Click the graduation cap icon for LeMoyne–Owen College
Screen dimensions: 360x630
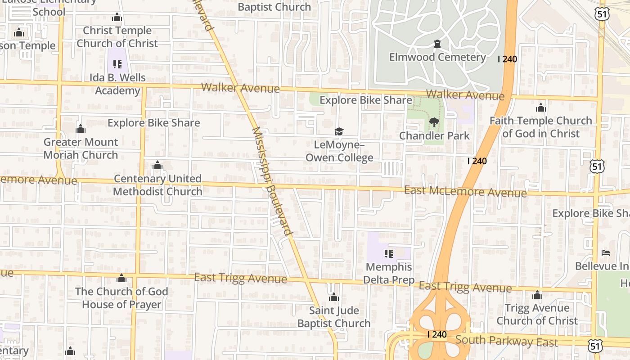point(339,131)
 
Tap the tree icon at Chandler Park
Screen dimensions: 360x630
point(434,122)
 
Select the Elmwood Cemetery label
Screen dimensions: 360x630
point(437,57)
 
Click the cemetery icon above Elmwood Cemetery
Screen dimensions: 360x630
point(437,44)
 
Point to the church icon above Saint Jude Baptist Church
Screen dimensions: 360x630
point(334,297)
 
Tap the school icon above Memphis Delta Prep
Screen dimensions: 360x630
point(389,253)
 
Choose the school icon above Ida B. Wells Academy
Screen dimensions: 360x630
point(117,64)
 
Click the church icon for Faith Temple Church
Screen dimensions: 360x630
point(541,108)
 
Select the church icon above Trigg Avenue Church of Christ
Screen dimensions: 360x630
point(537,295)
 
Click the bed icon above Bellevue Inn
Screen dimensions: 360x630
point(606,253)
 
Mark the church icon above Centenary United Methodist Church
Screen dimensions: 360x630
point(157,166)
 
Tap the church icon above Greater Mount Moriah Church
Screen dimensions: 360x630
point(81,129)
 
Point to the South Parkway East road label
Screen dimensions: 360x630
point(506,341)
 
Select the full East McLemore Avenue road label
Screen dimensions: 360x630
point(465,192)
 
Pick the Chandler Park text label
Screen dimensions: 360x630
point(434,135)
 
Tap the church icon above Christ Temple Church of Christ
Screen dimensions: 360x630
point(117,18)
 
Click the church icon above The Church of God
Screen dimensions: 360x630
point(121,278)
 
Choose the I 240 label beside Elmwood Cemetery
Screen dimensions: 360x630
point(507,59)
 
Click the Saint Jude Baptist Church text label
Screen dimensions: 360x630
point(334,317)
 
